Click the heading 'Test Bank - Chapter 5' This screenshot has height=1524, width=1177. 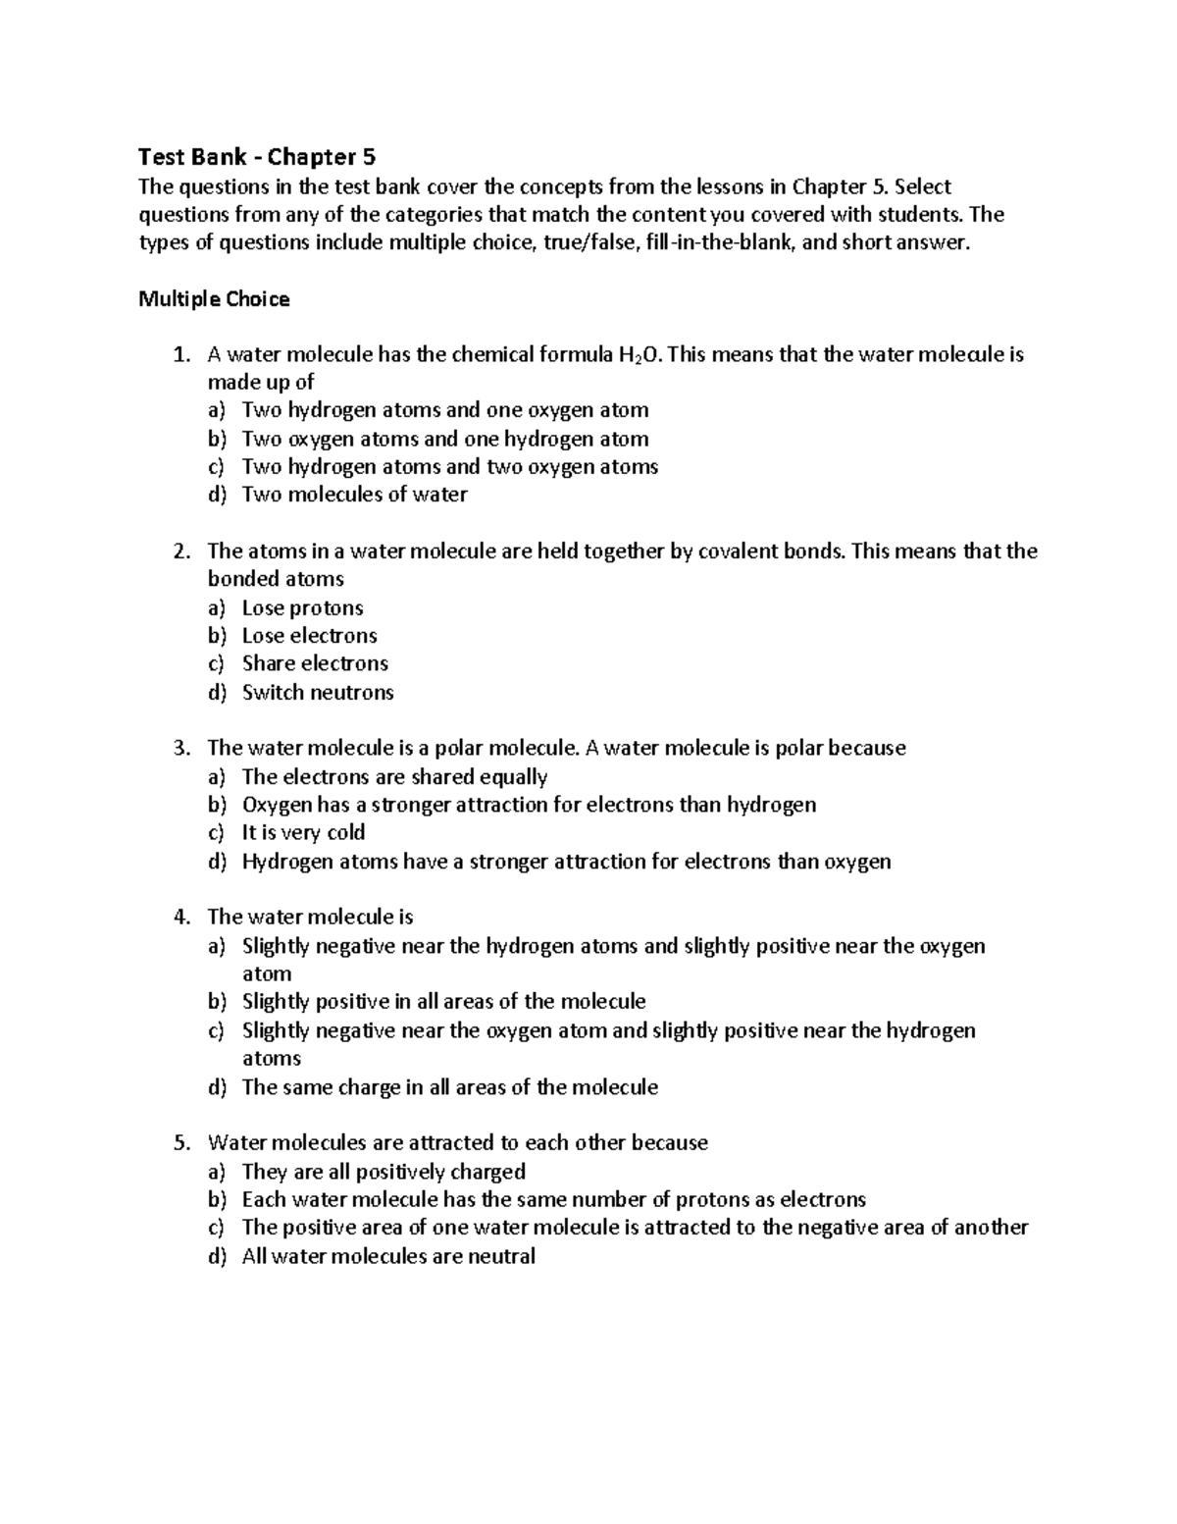pyautogui.click(x=257, y=157)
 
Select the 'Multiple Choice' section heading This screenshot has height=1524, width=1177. pyautogui.click(x=214, y=299)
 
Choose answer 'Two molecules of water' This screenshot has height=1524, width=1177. pyautogui.click(x=354, y=495)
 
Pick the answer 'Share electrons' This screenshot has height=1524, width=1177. pyautogui.click(x=315, y=663)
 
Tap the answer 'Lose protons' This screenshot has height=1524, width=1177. pyautogui.click(x=302, y=607)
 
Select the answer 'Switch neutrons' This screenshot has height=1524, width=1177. pyautogui.click(x=318, y=692)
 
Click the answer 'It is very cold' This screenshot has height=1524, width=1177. pyautogui.click(x=303, y=833)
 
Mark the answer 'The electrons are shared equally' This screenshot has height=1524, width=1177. pyautogui.click(x=394, y=777)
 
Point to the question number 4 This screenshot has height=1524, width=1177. pyautogui.click(x=180, y=918)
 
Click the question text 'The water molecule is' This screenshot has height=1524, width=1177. pyautogui.click(x=310, y=918)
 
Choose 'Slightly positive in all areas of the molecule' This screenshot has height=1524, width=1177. pyautogui.click(x=443, y=1002)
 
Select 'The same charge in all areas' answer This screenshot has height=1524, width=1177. pyautogui.click(x=449, y=1087)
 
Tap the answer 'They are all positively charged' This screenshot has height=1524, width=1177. pyautogui.click(x=384, y=1172)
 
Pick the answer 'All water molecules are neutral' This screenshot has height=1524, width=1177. pyautogui.click(x=388, y=1256)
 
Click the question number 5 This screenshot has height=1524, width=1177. pyautogui.click(x=180, y=1143)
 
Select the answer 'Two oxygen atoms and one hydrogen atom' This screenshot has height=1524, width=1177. pyautogui.click(x=445, y=439)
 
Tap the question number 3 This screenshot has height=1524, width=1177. pyautogui.click(x=180, y=749)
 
